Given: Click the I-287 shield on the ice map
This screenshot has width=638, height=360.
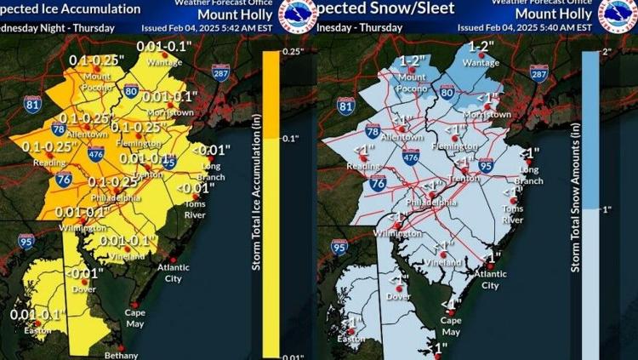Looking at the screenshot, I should point(220,74).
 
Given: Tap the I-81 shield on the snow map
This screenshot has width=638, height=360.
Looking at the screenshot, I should point(345,105).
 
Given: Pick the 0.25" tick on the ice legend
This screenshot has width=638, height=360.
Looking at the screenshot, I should point(289,52).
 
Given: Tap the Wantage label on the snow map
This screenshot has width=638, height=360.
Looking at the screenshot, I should point(481,62).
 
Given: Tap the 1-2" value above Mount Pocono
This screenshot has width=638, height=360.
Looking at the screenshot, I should point(415,62).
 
